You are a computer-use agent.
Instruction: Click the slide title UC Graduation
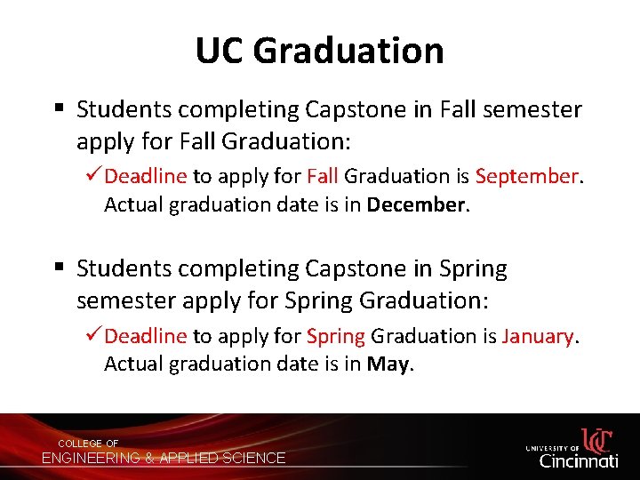[x=320, y=51]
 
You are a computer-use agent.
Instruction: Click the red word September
[x=527, y=177]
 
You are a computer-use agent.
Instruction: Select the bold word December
[x=415, y=204]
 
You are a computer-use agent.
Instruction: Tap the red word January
[x=539, y=337]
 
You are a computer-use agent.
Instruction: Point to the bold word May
[x=388, y=364]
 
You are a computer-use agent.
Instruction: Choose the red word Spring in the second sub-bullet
[x=336, y=337]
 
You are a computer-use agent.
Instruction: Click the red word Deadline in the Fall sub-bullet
[x=146, y=177]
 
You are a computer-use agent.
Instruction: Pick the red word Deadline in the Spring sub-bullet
[x=146, y=337]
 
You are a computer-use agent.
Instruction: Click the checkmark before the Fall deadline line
[x=94, y=176]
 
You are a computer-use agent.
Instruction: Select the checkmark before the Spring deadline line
[x=94, y=336]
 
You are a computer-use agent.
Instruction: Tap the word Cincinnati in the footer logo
[x=579, y=460]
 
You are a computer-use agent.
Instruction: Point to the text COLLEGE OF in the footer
[x=88, y=444]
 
